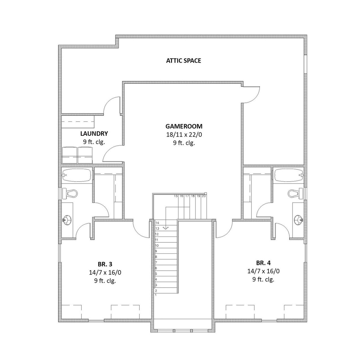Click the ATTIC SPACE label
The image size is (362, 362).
coord(184,61)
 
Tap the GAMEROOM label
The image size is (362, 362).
coord(184,126)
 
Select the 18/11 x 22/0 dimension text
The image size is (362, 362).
coord(184,135)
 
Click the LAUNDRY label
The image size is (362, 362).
coord(94,133)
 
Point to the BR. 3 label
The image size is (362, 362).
coord(105,264)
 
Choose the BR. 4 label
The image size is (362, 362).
coord(264,263)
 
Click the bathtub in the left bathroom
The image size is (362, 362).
coord(77,175)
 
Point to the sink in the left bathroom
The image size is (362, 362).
coord(67,219)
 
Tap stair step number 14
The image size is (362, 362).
coord(157,223)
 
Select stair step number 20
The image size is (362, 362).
coord(204,196)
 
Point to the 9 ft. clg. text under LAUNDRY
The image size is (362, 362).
coord(94,142)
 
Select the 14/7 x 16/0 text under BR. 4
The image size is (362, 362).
coord(264,271)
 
